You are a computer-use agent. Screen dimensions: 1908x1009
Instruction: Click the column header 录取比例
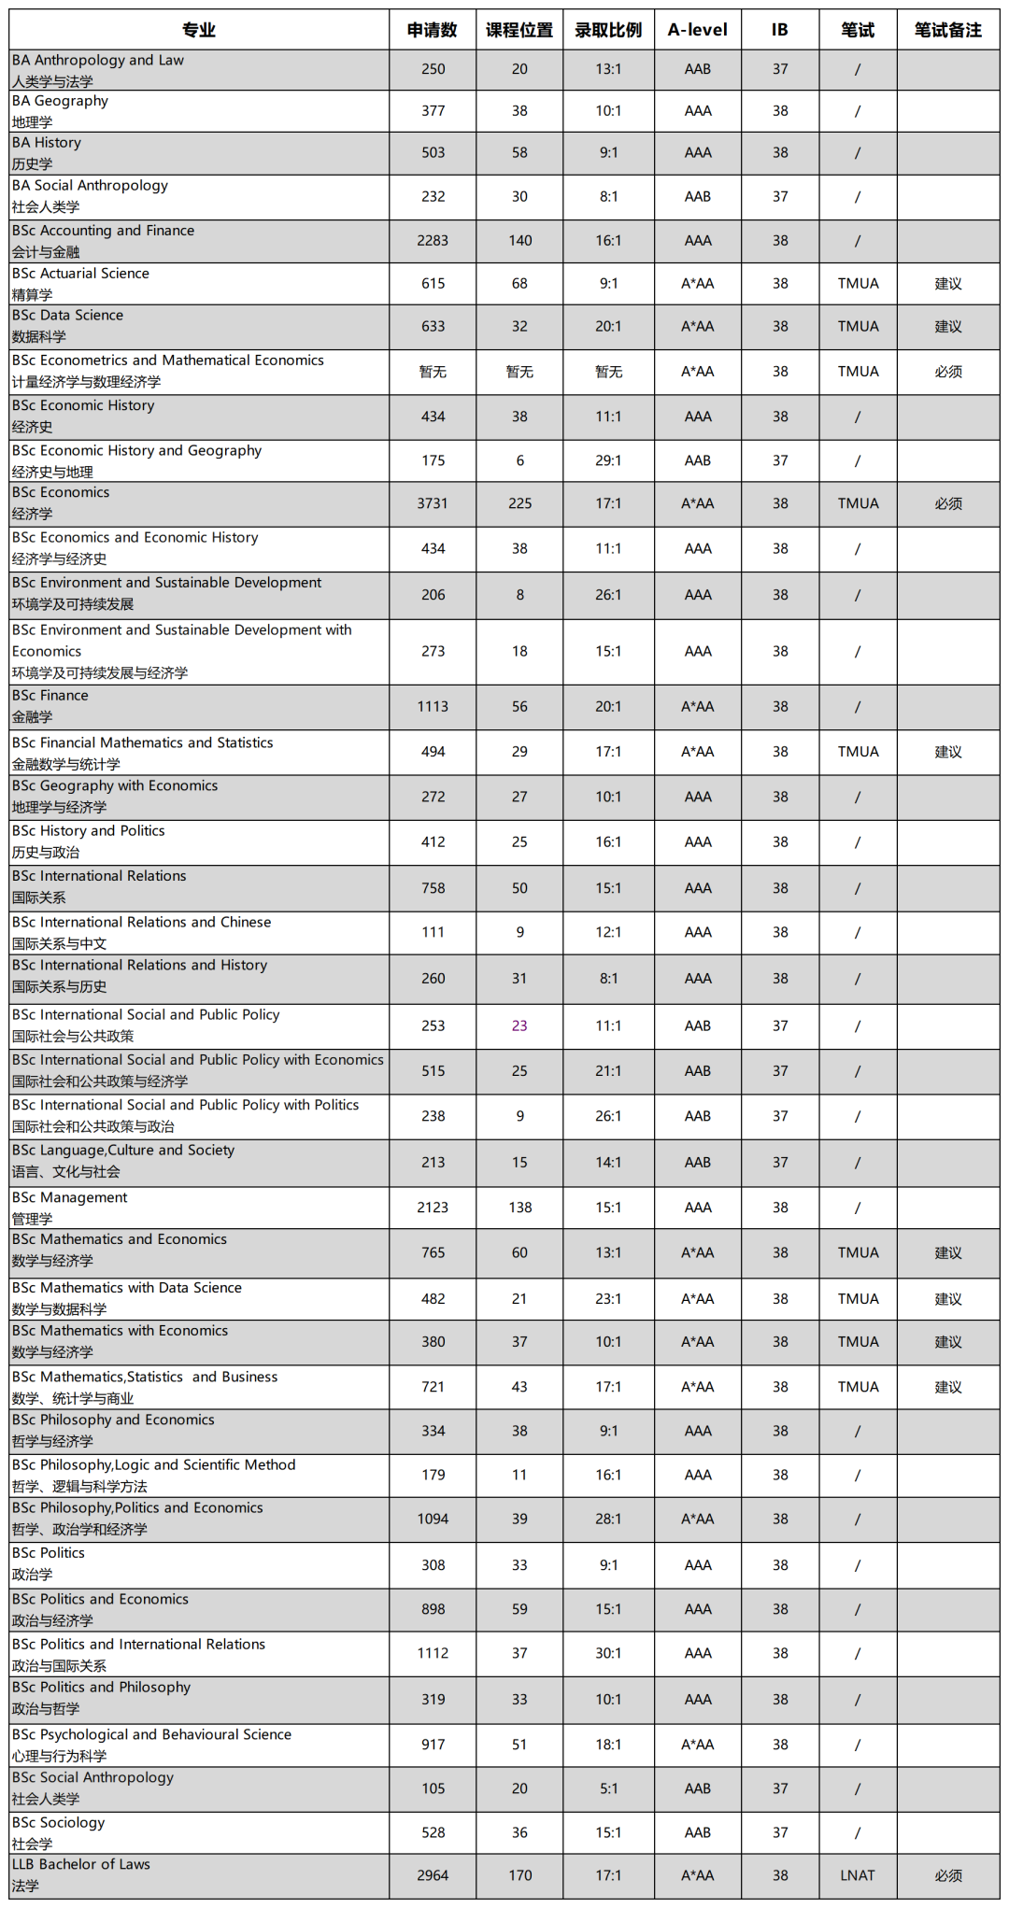(608, 30)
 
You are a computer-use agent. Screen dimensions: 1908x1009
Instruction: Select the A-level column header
(697, 30)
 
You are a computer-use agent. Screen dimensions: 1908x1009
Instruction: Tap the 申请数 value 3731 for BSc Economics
(433, 503)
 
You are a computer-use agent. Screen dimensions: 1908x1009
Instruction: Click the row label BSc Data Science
(67, 316)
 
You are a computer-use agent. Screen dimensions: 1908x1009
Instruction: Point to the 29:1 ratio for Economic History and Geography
(608, 460)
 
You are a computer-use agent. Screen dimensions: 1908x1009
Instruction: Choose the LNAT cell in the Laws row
(858, 1875)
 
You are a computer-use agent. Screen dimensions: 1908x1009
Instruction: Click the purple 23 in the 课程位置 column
(519, 1025)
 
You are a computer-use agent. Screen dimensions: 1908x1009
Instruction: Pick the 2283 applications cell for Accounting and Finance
(433, 241)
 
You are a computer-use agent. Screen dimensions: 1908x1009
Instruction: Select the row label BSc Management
(70, 1197)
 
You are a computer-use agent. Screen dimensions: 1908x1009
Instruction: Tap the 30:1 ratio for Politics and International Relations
(608, 1653)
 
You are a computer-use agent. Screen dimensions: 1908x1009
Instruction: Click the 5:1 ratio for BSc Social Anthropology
(608, 1788)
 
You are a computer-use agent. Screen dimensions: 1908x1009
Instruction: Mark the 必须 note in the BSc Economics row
(948, 503)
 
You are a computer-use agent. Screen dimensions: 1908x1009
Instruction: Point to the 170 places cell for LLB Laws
(519, 1875)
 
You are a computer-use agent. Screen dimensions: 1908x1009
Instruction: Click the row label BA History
(47, 143)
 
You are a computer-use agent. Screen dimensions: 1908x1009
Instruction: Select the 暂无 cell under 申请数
(433, 372)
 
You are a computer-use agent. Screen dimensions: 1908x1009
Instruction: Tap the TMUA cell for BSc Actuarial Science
(858, 284)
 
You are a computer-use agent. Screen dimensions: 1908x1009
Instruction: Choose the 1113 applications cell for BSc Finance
(433, 707)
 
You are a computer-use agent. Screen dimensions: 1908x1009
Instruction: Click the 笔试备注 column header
(948, 30)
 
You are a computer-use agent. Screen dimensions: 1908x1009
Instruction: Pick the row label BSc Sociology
(59, 1823)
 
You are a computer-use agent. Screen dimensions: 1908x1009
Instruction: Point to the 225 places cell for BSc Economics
(519, 503)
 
